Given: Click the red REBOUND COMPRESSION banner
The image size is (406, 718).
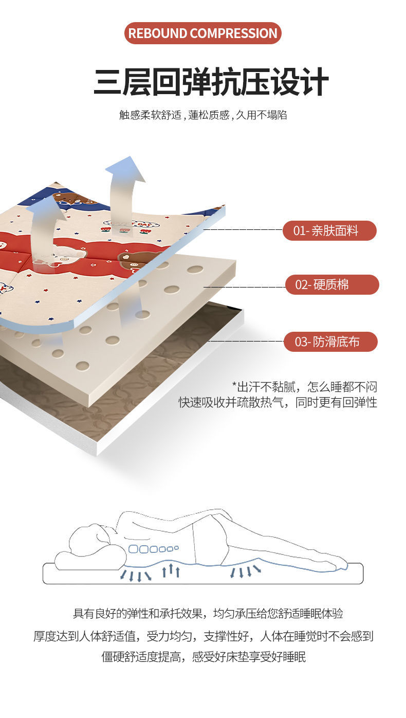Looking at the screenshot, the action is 202,33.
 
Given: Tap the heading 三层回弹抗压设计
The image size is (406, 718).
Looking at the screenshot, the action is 211,82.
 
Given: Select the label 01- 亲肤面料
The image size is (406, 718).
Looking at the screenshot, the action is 329,231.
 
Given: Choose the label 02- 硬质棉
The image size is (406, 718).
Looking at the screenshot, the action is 331,285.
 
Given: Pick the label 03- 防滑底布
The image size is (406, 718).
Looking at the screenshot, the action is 330,342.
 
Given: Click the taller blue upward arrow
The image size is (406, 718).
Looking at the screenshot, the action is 124,185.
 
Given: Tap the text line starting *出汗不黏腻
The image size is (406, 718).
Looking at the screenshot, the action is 304,387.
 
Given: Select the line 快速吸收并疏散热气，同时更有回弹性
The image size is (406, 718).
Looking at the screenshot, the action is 278,402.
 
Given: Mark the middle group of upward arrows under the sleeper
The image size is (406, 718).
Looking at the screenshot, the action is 171,570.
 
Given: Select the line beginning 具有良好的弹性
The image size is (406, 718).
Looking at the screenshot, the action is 208,614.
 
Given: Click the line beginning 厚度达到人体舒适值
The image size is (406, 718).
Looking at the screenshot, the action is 203,636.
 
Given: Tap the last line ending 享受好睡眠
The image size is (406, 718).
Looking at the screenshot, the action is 204,657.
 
